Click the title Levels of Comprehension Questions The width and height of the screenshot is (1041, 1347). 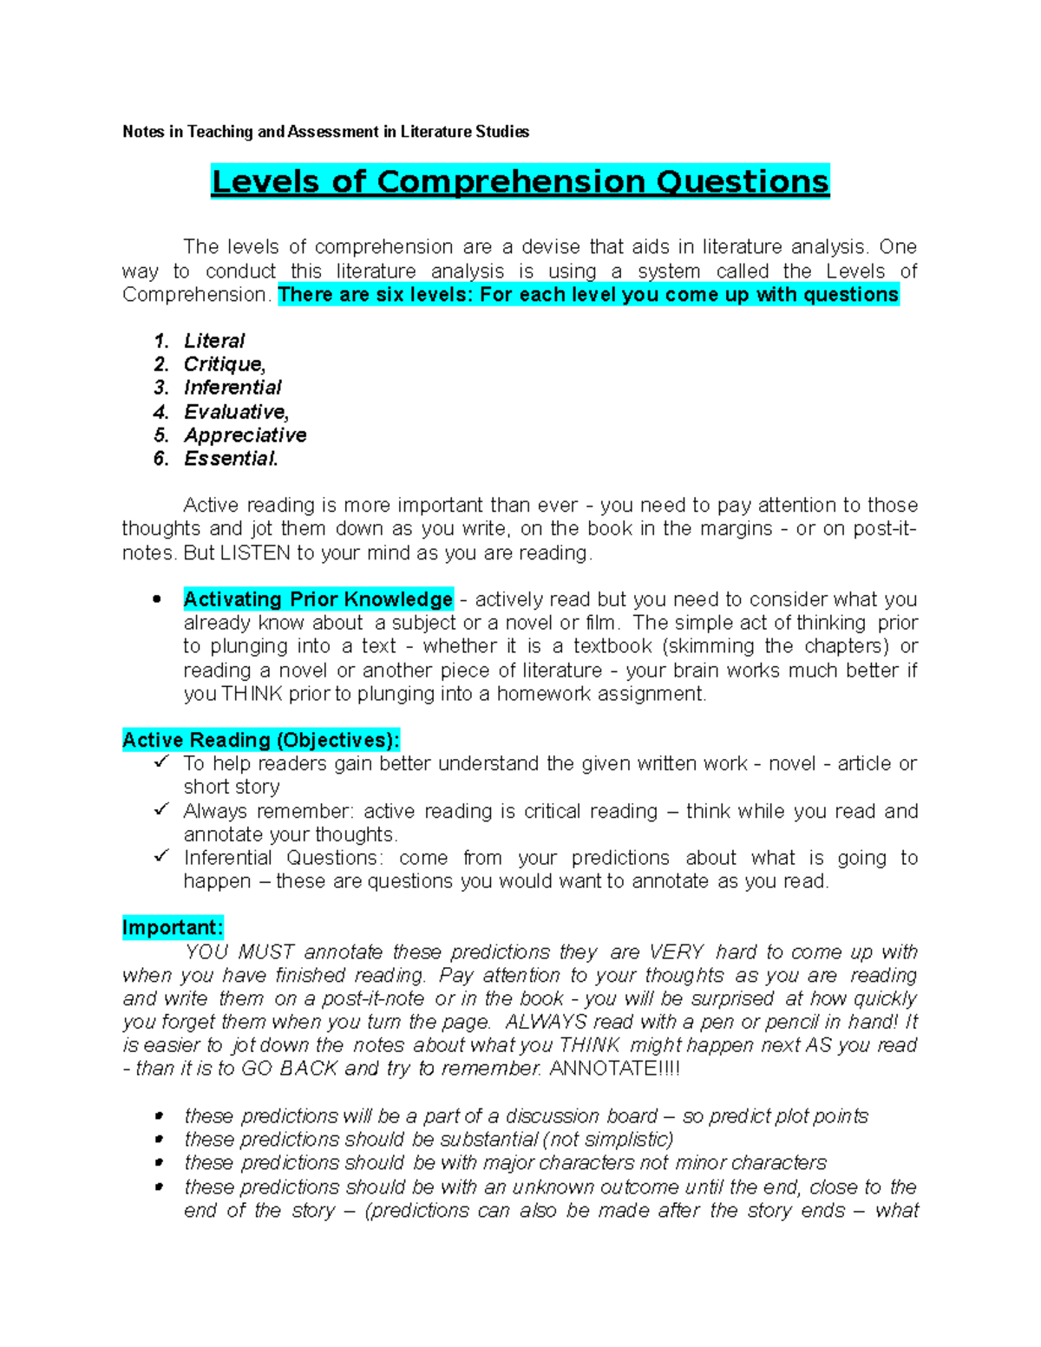coord(520,182)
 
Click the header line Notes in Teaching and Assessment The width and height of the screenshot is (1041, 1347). coord(325,132)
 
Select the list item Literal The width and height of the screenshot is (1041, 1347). coord(214,341)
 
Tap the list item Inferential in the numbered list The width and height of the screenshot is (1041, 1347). coord(232,388)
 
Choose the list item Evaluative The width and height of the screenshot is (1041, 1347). coord(235,411)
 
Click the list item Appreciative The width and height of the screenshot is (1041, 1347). coord(245,435)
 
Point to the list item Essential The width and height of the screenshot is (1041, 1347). coord(231,459)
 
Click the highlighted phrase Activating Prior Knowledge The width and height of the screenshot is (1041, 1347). coord(318,599)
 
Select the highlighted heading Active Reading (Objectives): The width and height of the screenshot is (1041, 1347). coord(260,740)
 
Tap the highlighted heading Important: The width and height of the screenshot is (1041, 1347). coord(173,927)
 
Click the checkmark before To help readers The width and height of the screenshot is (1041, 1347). coord(161,762)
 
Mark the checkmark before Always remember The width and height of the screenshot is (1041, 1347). coord(161,810)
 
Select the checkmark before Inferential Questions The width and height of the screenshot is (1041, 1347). coord(161,857)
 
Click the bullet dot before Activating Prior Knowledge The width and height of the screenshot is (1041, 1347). coord(157,599)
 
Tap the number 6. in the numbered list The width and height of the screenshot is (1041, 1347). coord(161,459)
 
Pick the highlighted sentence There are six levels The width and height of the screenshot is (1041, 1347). coord(588,295)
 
